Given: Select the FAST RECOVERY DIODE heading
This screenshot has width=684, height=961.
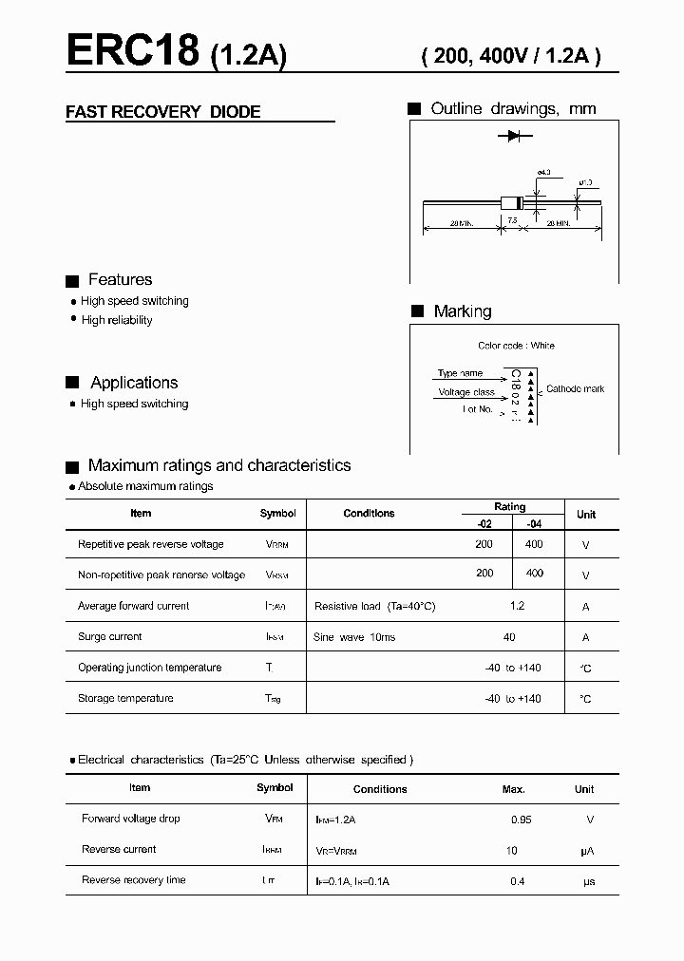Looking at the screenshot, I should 162,112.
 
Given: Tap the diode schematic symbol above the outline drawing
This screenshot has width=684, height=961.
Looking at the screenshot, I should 514,137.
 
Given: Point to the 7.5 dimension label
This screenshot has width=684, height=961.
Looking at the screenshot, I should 513,220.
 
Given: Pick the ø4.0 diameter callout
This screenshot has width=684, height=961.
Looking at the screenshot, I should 544,173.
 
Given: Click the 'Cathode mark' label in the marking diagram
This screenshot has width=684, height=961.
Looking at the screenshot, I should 575,389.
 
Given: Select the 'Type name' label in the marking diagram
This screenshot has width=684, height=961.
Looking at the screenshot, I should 460,373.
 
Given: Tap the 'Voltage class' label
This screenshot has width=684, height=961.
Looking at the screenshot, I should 465,392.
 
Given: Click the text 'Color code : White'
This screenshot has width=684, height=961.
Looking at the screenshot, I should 516,346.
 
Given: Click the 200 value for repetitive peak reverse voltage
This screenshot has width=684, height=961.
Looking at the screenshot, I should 484,544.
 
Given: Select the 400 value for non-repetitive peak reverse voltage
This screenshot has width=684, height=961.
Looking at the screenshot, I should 535,574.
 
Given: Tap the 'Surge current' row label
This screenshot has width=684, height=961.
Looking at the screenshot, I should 109,637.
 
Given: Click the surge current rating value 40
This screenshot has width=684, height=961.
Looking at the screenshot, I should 510,637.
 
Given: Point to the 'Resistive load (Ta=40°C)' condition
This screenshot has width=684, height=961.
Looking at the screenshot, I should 374,606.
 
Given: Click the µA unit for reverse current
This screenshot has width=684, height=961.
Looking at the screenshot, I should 587,851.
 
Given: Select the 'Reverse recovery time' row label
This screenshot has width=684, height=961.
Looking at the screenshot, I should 133,880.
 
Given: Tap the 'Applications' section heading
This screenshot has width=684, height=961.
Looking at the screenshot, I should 134,383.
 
